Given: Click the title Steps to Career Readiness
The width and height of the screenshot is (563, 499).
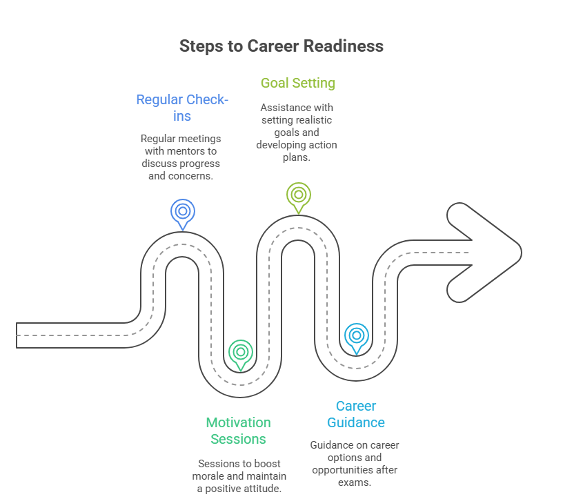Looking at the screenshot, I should [x=281, y=46].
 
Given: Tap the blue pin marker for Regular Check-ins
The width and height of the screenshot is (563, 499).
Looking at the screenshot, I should [x=183, y=211].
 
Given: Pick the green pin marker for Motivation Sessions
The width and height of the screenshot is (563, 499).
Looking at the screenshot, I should [x=240, y=352].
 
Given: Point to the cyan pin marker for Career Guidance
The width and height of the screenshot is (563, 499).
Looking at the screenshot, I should [x=356, y=335].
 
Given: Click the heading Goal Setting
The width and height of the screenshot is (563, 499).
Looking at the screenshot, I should [x=298, y=83].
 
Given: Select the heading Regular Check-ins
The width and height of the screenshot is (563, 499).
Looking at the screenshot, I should [x=182, y=108].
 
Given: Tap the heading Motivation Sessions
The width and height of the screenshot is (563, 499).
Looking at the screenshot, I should [x=239, y=431].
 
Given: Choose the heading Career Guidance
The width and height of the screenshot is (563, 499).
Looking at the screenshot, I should [x=356, y=414].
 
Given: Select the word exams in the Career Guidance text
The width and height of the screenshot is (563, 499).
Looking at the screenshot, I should [x=355, y=482].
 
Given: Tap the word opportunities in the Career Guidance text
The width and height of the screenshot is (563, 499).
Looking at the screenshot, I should [x=347, y=470].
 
